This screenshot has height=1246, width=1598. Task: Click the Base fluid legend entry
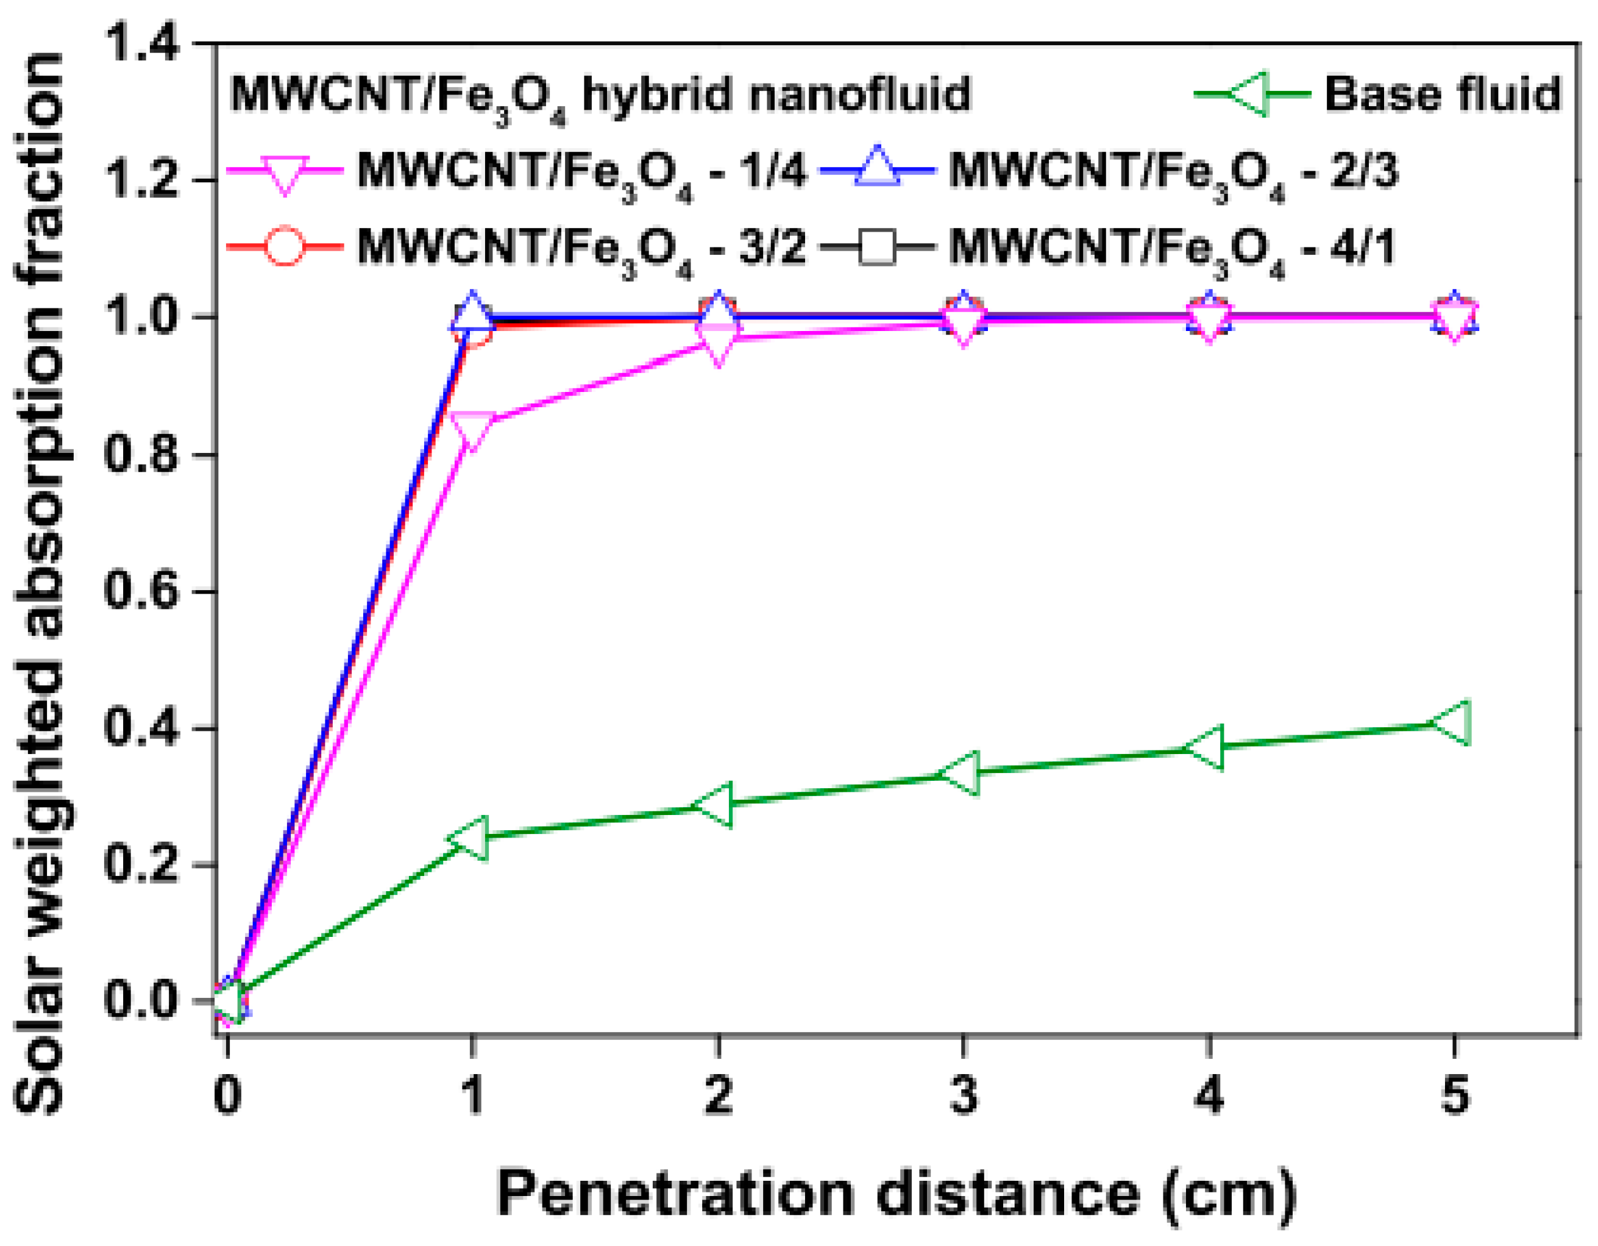coord(1441,94)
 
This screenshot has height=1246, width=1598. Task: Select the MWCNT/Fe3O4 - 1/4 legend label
coord(581,173)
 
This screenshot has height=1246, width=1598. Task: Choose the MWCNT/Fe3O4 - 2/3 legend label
coord(1173,173)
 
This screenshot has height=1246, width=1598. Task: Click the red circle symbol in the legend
coord(284,246)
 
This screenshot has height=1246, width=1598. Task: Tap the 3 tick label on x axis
coord(963,1096)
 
